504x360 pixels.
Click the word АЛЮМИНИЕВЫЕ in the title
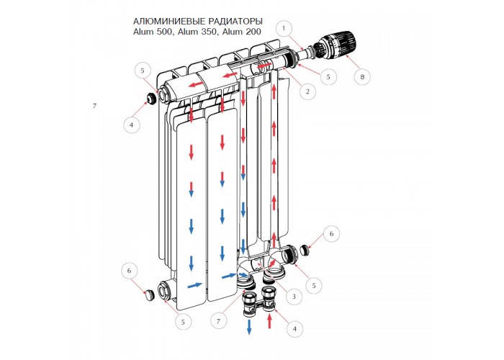click(x=169, y=22)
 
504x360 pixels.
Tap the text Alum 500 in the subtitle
click(x=153, y=32)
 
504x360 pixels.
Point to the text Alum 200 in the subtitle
click(x=242, y=32)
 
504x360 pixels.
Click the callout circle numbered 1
click(x=284, y=28)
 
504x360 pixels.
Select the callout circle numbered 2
click(x=307, y=91)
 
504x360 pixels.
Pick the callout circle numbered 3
click(x=294, y=297)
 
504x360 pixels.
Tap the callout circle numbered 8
click(x=362, y=77)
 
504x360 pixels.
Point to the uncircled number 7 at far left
click(x=94, y=106)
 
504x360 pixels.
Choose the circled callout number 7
click(x=219, y=321)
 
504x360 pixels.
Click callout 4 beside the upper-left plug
click(x=131, y=125)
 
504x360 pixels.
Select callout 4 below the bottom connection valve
click(x=294, y=328)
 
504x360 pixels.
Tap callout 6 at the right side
click(x=331, y=234)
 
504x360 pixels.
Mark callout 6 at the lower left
click(x=129, y=271)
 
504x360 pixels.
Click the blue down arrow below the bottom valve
click(x=249, y=327)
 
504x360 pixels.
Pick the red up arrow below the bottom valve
click(x=270, y=322)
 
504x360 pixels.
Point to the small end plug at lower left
click(x=148, y=295)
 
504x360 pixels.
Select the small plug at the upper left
click(x=151, y=98)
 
